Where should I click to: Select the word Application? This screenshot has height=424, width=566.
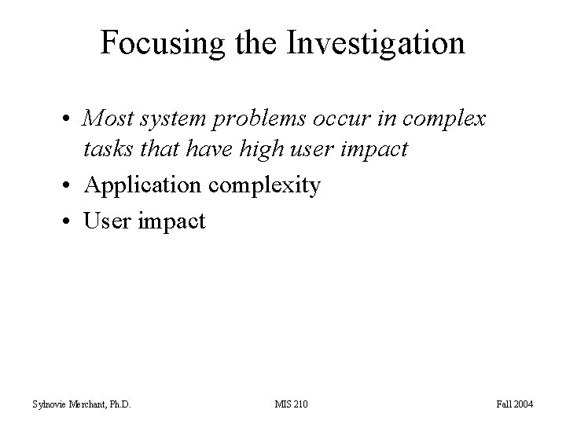click(141, 185)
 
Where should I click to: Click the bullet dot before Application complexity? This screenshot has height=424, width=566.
click(71, 186)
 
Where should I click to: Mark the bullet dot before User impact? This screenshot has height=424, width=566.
click(71, 221)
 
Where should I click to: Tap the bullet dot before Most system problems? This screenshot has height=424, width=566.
click(71, 120)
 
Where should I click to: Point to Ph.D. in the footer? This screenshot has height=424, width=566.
click(117, 404)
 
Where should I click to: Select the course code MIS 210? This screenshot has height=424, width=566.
click(292, 404)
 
